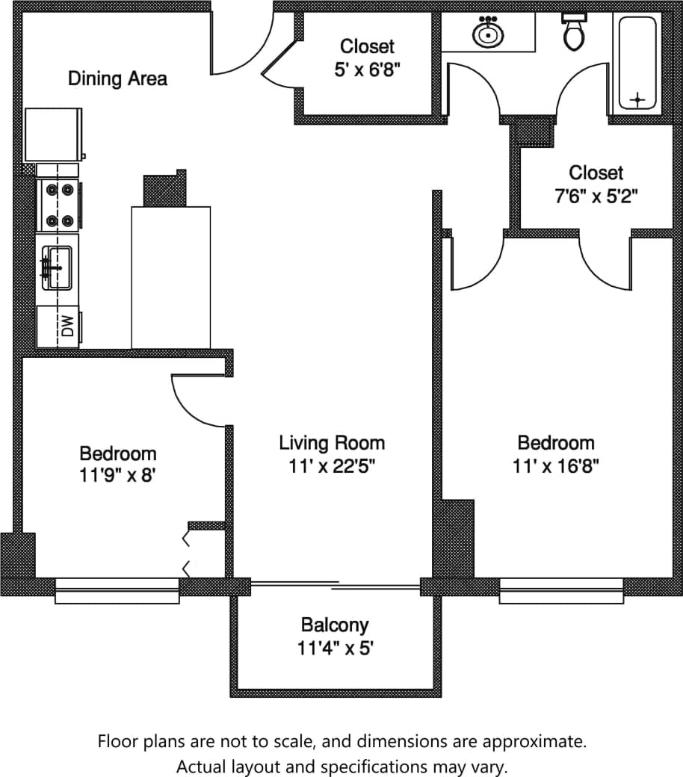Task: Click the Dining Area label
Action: [117, 78]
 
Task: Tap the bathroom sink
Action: [487, 33]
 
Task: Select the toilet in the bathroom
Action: [574, 31]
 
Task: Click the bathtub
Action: [637, 63]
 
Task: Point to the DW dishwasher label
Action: [67, 326]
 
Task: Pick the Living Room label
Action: [332, 442]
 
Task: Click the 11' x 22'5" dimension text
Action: [332, 466]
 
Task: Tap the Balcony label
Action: [334, 625]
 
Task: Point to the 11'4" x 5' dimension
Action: [334, 648]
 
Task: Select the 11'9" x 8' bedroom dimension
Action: [118, 476]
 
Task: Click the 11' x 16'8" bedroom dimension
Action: [556, 466]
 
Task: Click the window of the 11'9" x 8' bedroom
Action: [117, 590]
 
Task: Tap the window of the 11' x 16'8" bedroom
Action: [560, 590]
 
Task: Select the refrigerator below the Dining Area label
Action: [54, 134]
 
